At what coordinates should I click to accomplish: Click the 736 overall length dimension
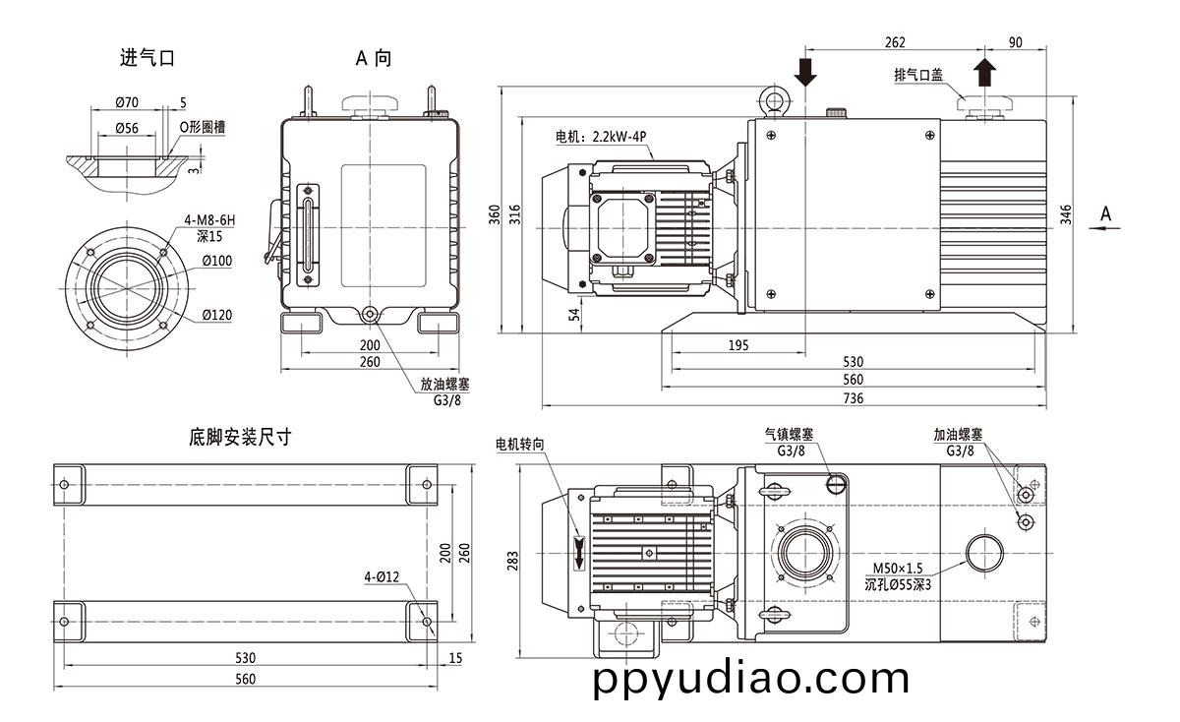pyautogui.click(x=853, y=397)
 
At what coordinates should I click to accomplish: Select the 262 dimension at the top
pyautogui.click(x=894, y=42)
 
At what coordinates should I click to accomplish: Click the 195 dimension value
pyautogui.click(x=737, y=344)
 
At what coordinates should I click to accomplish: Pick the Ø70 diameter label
pyautogui.click(x=126, y=102)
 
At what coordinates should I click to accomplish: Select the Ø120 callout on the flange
pyautogui.click(x=216, y=315)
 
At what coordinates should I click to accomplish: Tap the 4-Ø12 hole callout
pyautogui.click(x=381, y=577)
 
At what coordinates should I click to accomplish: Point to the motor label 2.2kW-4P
pyautogui.click(x=603, y=137)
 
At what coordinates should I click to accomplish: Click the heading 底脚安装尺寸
pyautogui.click(x=241, y=437)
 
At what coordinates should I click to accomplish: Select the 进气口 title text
pyautogui.click(x=147, y=58)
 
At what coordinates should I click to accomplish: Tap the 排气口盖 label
pyautogui.click(x=917, y=75)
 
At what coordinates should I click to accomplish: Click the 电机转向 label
pyautogui.click(x=520, y=445)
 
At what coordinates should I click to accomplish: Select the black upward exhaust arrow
pyautogui.click(x=984, y=73)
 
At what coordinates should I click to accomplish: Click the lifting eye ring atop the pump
pyautogui.click(x=773, y=101)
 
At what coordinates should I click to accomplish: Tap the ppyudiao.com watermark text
pyautogui.click(x=752, y=679)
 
